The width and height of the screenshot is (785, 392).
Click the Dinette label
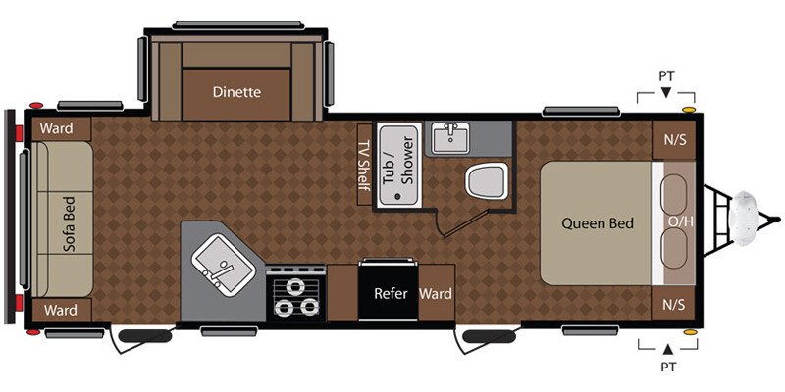click(235, 93)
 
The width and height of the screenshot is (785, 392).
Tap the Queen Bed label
click(598, 223)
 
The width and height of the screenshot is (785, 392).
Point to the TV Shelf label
click(363, 163)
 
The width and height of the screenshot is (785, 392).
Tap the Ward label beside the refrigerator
click(436, 293)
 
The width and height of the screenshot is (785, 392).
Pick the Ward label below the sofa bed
click(61, 311)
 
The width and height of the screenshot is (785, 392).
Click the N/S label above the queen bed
click(675, 139)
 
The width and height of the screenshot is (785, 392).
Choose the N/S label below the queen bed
click(675, 305)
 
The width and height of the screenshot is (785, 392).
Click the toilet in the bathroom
click(486, 181)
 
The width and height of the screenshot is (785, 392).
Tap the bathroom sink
click(451, 136)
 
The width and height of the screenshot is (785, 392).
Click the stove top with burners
click(294, 296)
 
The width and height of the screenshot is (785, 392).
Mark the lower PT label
click(667, 370)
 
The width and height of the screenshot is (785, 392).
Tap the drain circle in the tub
click(397, 195)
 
